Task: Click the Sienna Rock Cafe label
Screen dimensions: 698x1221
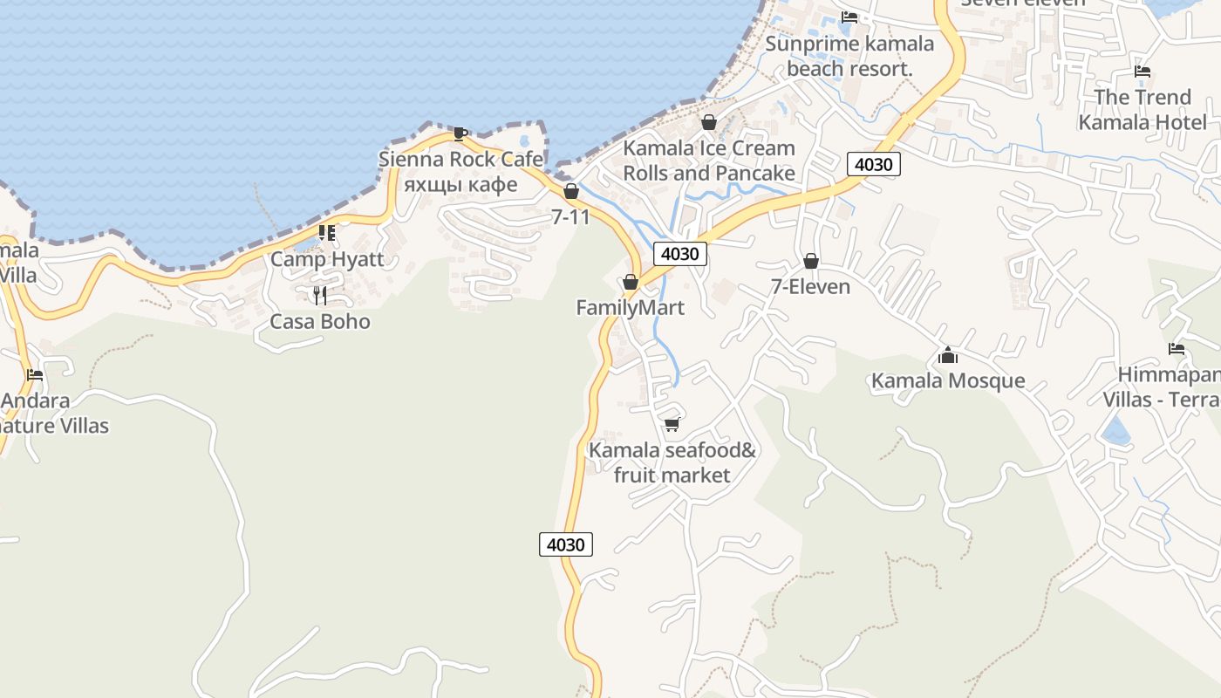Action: [460, 160]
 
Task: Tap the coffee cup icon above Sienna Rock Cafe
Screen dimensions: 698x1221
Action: [460, 133]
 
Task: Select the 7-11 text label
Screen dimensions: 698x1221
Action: [570, 217]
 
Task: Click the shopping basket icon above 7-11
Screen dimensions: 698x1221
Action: [571, 191]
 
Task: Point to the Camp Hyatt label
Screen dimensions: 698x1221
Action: [327, 259]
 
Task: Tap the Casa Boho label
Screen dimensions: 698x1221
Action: [320, 322]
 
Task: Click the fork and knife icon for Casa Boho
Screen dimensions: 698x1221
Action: [320, 295]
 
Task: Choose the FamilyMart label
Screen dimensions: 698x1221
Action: [631, 308]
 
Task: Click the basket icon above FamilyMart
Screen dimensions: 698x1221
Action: [631, 282]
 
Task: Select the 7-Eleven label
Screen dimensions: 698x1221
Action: [810, 287]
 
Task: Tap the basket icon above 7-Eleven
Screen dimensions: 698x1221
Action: [811, 261]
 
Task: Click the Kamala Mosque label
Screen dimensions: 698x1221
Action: [948, 381]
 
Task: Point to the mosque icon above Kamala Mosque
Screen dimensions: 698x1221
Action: [948, 355]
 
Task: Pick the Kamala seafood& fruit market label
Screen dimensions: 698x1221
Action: [672, 463]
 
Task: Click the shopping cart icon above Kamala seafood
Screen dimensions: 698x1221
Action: [672, 425]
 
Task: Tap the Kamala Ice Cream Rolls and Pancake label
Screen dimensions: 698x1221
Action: [709, 161]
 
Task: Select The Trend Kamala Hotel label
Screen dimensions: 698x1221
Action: [1143, 109]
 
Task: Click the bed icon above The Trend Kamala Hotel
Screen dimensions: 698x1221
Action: [1143, 72]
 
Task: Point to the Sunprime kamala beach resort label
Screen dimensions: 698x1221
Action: [849, 56]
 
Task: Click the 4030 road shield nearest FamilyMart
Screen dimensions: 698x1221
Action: [680, 254]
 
